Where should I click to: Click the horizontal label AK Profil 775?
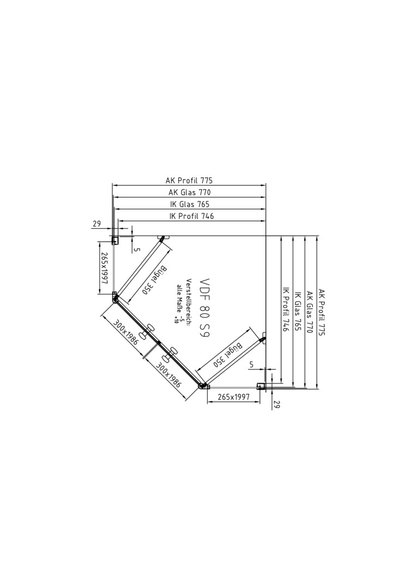(189, 180)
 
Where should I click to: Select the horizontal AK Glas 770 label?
(190, 192)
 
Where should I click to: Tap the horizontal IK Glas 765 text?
(190, 204)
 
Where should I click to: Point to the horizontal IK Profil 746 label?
(192, 216)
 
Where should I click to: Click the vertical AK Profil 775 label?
(322, 312)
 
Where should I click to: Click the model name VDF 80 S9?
(204, 309)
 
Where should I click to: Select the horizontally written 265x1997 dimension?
(233, 397)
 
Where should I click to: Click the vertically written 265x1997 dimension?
(104, 268)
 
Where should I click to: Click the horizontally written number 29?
(97, 224)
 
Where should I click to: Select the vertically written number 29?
(277, 404)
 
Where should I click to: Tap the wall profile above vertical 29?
(261, 386)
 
